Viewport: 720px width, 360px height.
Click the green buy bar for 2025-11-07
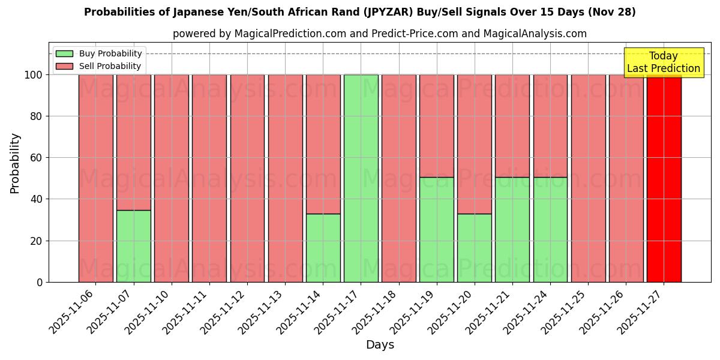click(133, 246)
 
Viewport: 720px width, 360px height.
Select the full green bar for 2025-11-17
click(361, 178)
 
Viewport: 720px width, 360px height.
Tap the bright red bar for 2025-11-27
click(664, 178)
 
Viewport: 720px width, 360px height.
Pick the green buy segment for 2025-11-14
click(323, 248)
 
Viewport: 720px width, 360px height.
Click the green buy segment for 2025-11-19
click(436, 229)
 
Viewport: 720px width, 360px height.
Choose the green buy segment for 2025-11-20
click(474, 248)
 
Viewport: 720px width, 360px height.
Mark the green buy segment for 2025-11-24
click(550, 229)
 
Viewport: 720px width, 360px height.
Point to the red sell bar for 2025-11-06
click(95, 178)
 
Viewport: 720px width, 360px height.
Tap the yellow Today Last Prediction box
click(664, 62)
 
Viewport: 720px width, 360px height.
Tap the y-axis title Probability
click(15, 163)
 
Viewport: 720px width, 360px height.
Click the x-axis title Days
click(380, 345)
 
